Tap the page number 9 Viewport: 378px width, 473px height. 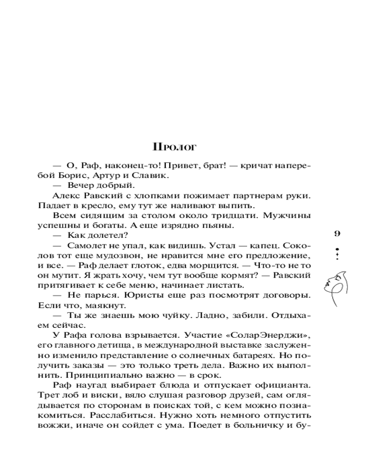tap(337, 233)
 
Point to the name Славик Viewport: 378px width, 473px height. tap(152, 175)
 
